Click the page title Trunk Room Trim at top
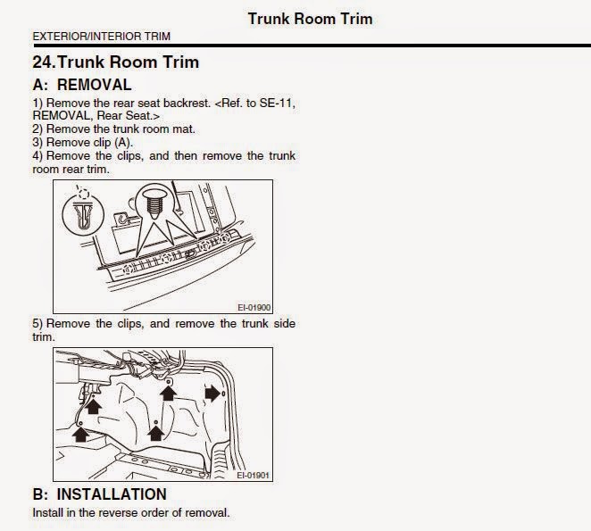pyautogui.click(x=310, y=19)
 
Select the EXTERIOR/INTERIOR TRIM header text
pyautogui.click(x=102, y=37)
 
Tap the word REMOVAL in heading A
pyautogui.click(x=95, y=85)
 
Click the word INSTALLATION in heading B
pyautogui.click(x=112, y=494)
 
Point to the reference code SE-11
pyautogui.click(x=276, y=103)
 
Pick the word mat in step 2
pyautogui.click(x=184, y=129)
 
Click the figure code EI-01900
pyautogui.click(x=254, y=308)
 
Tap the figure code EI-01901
pyautogui.click(x=254, y=476)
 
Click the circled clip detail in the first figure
pyautogui.click(x=82, y=216)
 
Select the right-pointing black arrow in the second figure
pyautogui.click(x=212, y=394)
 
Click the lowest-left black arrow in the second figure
pyautogui.click(x=80, y=434)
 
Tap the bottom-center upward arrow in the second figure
pyautogui.click(x=155, y=433)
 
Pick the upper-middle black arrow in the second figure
pyautogui.click(x=168, y=393)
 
